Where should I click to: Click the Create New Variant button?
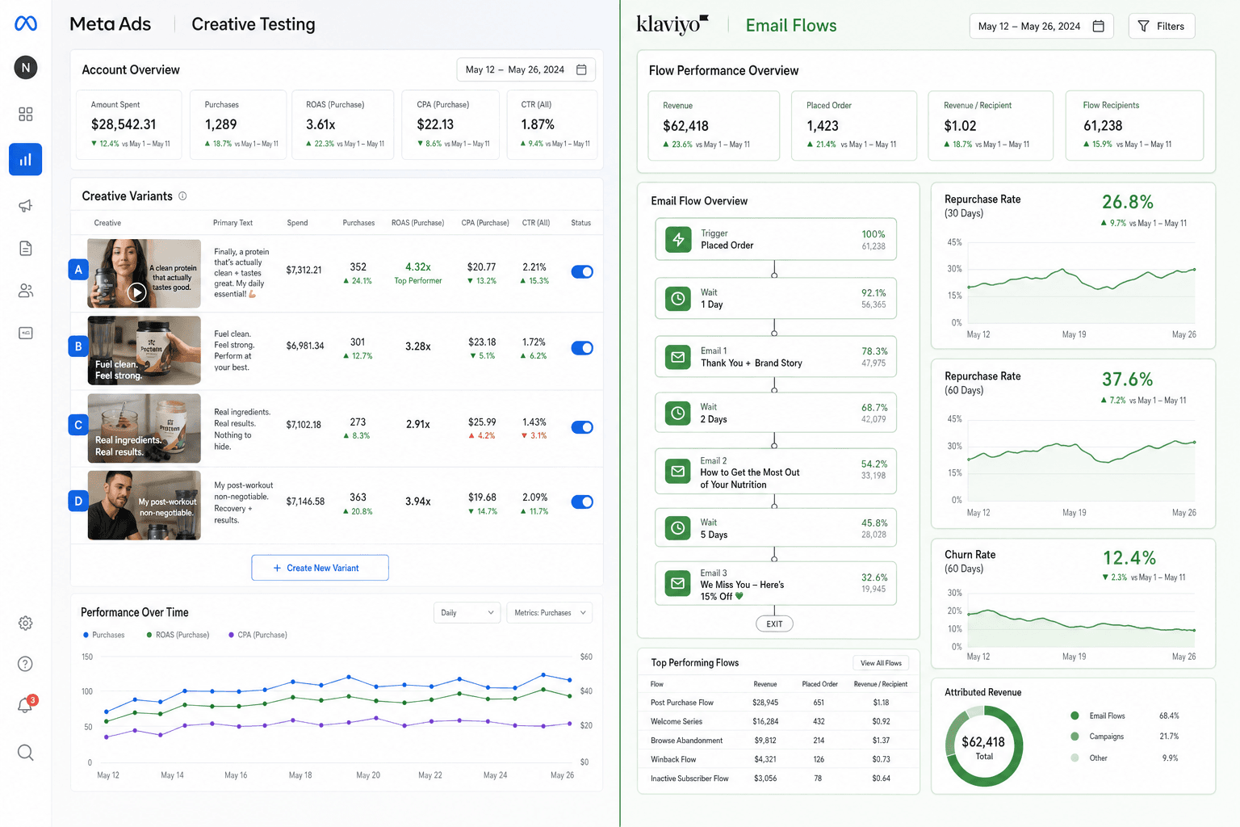click(x=320, y=568)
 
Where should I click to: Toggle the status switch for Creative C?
click(x=582, y=427)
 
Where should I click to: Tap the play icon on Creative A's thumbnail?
click(x=136, y=292)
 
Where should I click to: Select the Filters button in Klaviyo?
click(x=1162, y=26)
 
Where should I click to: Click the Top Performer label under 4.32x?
click(x=418, y=281)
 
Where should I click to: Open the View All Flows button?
click(x=881, y=663)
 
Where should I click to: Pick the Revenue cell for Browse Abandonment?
click(x=765, y=741)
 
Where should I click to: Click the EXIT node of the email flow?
click(x=774, y=623)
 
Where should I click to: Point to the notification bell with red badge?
click(x=26, y=704)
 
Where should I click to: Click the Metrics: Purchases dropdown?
click(x=550, y=613)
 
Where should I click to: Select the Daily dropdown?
click(x=467, y=613)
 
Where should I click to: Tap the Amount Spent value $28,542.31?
click(x=124, y=124)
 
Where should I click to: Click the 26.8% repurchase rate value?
click(x=1128, y=202)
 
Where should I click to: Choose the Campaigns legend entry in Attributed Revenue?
click(x=1098, y=737)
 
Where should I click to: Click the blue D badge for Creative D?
click(x=78, y=502)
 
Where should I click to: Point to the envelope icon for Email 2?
click(x=677, y=472)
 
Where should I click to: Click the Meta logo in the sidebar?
click(x=26, y=23)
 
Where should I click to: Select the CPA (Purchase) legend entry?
click(x=258, y=635)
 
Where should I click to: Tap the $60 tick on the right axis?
click(x=586, y=657)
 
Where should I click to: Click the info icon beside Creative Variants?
click(x=182, y=196)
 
